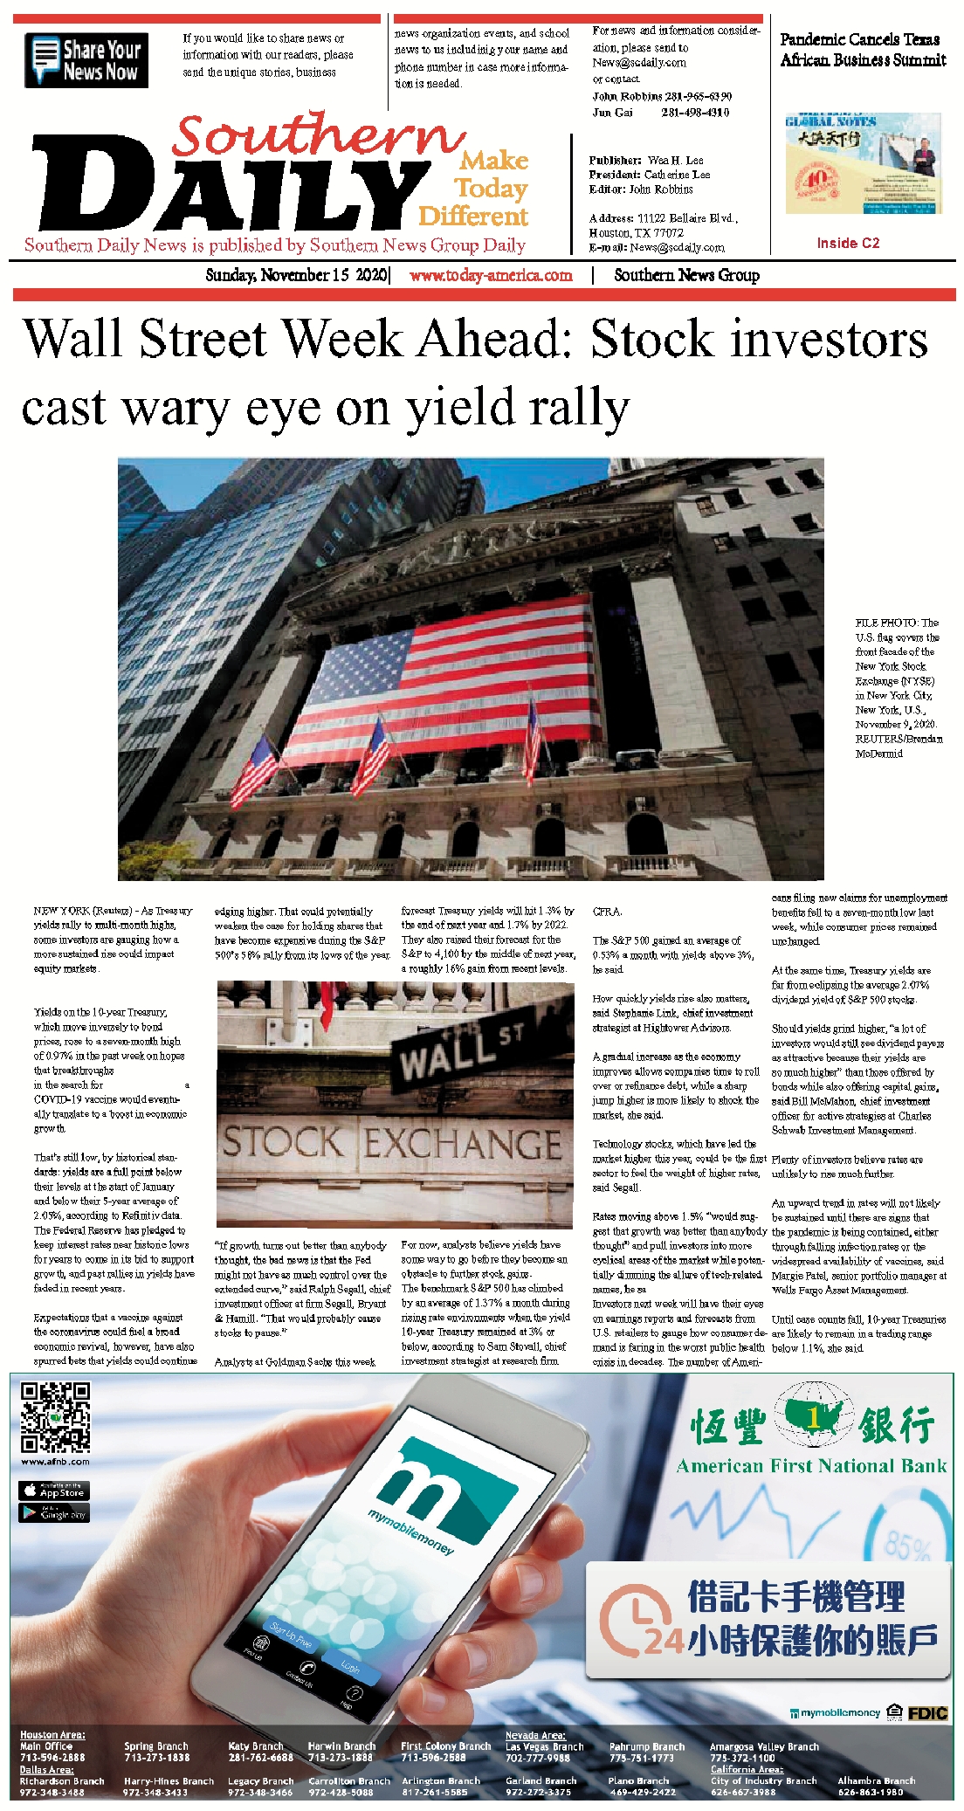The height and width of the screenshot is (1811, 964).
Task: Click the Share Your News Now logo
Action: [86, 60]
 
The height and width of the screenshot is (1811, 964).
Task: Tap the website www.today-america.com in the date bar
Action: [491, 275]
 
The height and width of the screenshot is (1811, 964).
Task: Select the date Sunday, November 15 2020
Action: [296, 275]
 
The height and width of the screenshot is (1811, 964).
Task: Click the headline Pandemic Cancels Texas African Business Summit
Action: [863, 50]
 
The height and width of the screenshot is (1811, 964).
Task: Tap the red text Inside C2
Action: [848, 243]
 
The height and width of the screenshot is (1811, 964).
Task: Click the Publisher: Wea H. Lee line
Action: [646, 161]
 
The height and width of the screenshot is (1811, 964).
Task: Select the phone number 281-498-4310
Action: [695, 113]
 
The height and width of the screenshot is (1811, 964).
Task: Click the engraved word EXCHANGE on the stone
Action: [462, 1144]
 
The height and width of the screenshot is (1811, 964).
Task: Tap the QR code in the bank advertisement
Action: [56, 1417]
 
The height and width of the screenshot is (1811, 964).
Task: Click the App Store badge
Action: [53, 1491]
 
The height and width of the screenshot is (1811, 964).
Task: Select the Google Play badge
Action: [53, 1512]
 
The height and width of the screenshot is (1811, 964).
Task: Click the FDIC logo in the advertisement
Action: [927, 1713]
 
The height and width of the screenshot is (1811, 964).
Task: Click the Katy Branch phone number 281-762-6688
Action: [260, 1757]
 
